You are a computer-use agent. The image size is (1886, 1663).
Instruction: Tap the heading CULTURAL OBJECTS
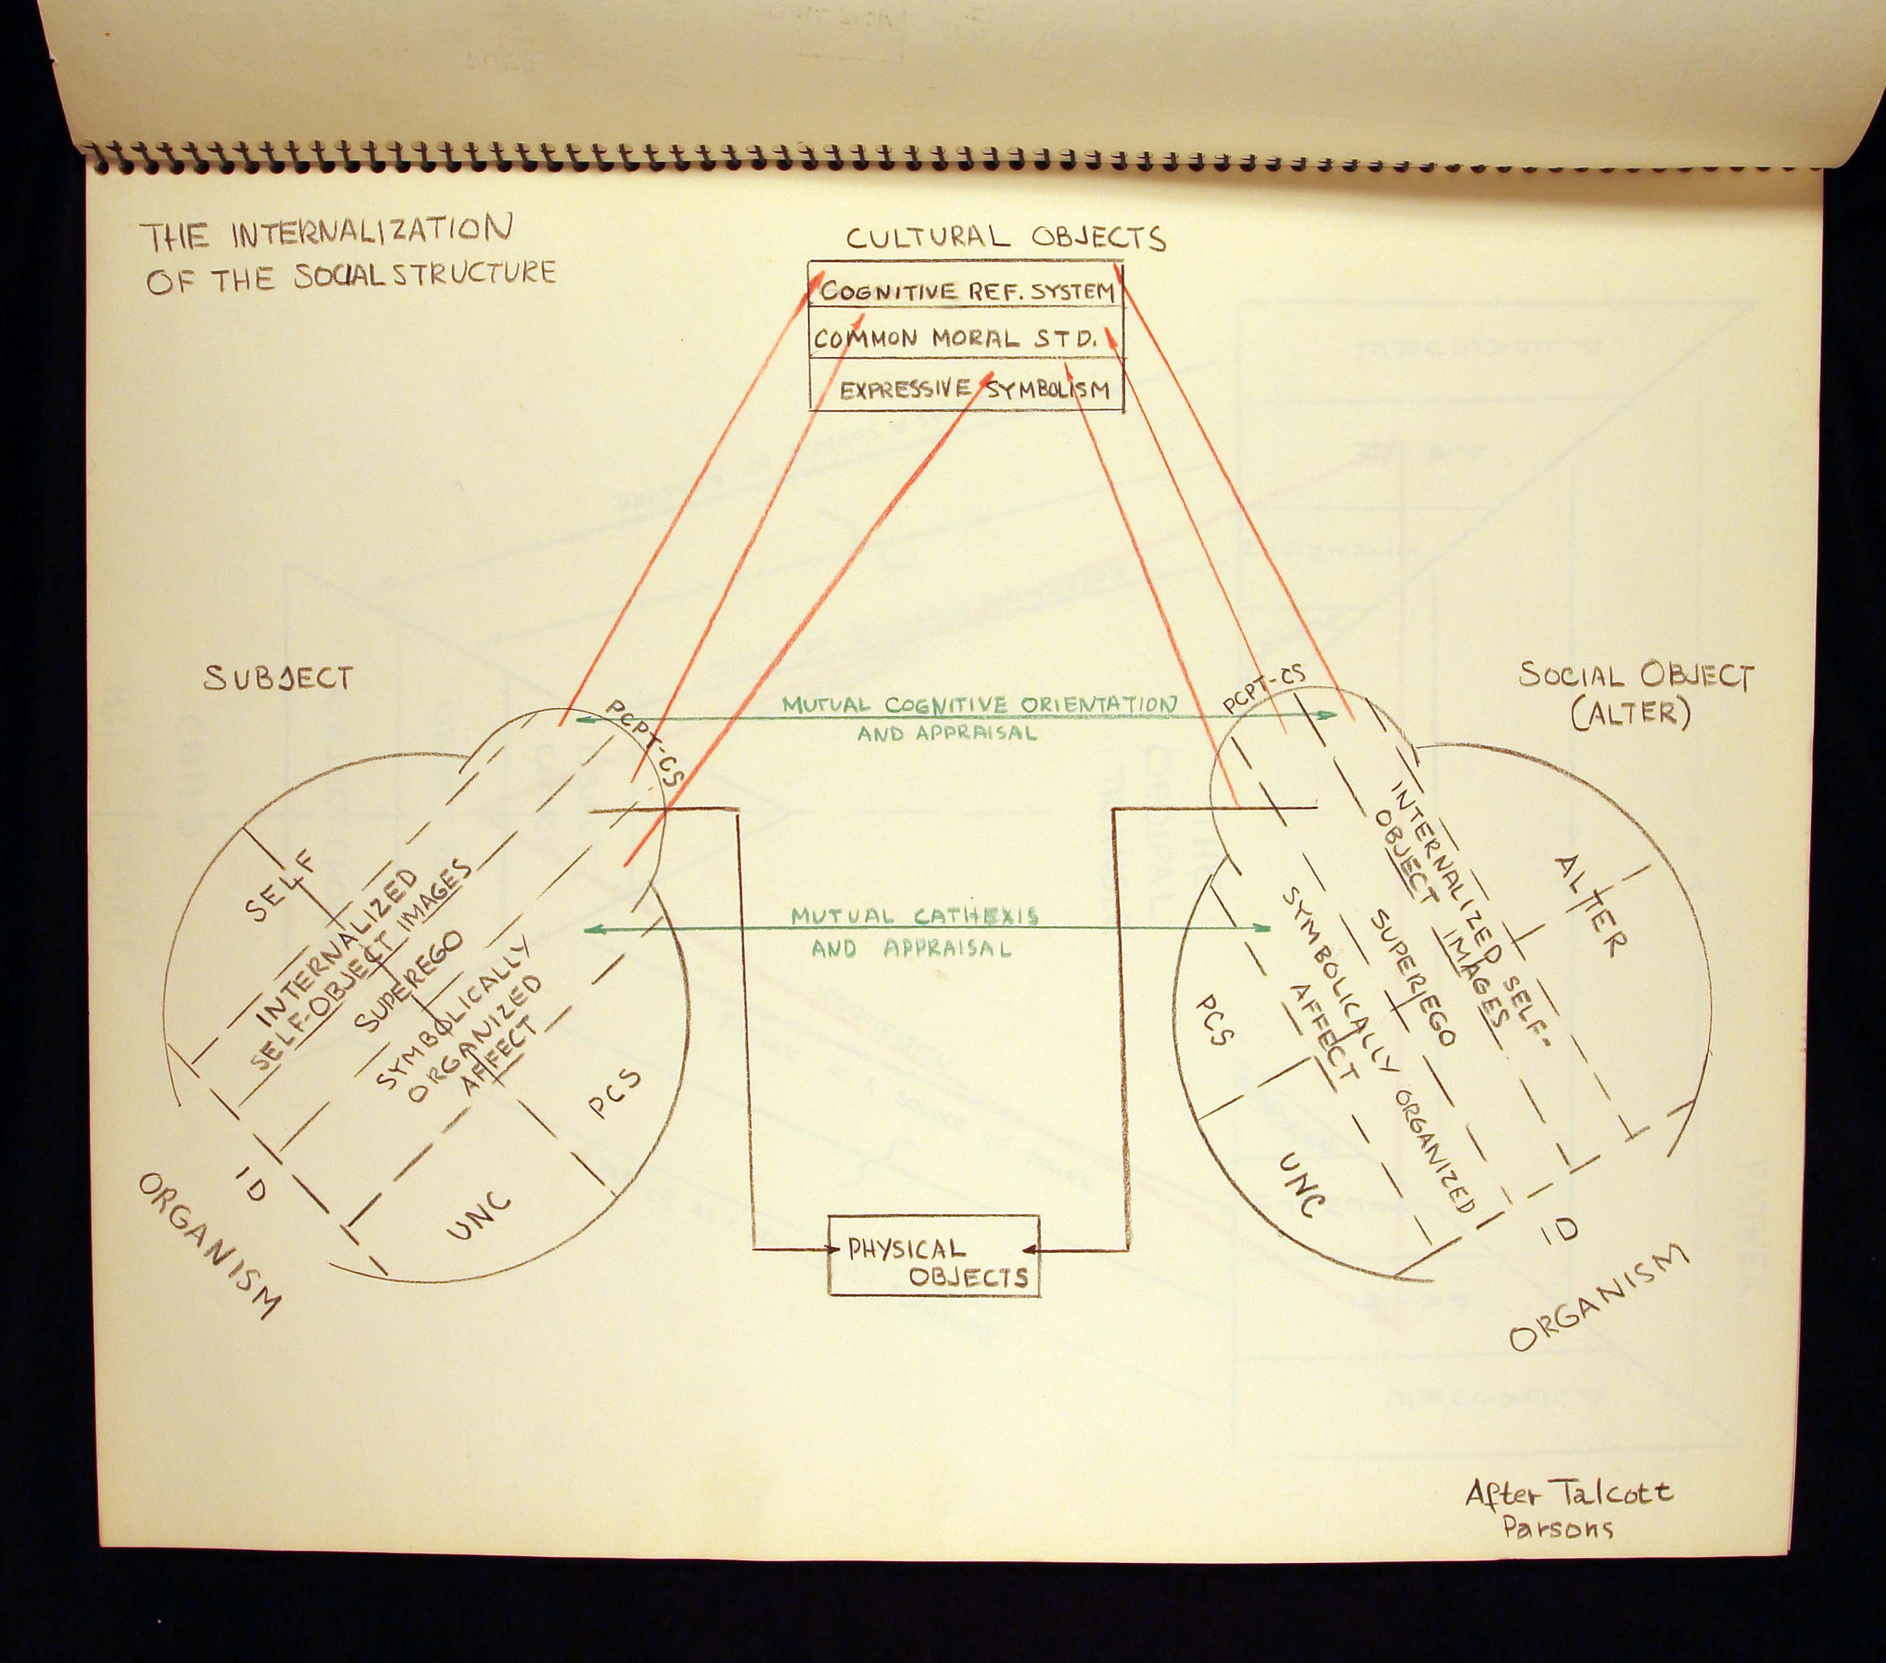(x=1006, y=238)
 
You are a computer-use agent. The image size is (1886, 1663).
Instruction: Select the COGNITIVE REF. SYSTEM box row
(x=967, y=292)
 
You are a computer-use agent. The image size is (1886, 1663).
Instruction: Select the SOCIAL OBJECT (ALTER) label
(x=1635, y=694)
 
